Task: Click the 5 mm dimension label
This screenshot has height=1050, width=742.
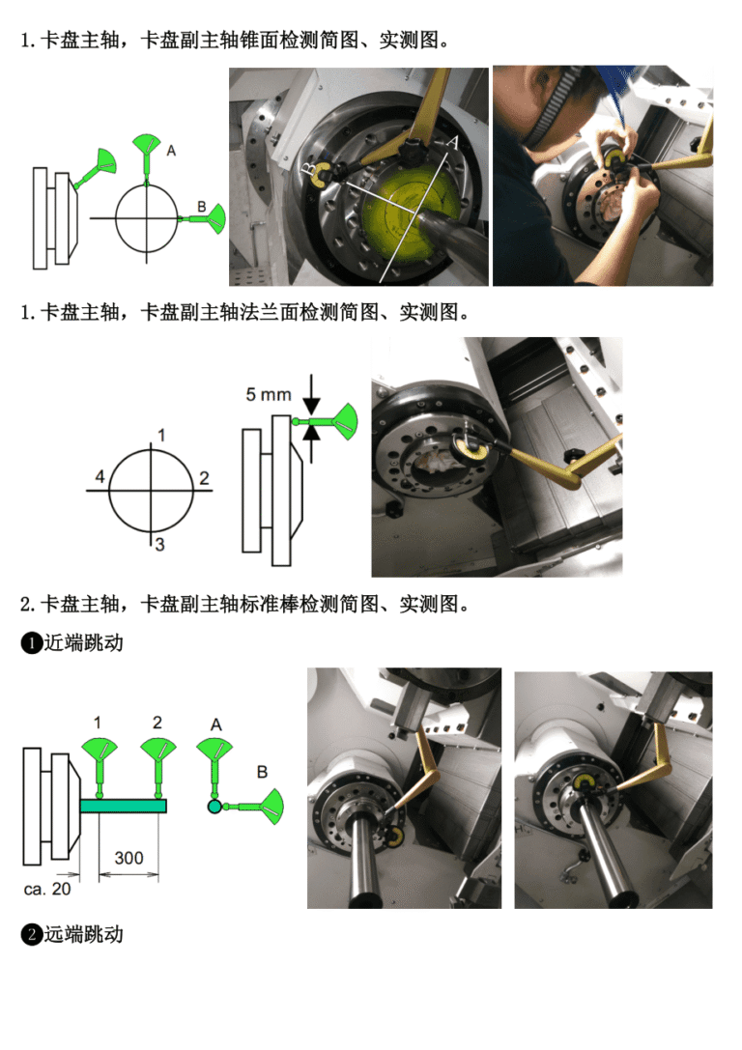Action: (x=268, y=394)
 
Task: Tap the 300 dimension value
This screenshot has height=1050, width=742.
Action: (x=128, y=858)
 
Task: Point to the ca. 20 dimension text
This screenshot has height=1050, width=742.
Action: (x=47, y=890)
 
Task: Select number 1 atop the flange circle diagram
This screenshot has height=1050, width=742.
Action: (x=161, y=436)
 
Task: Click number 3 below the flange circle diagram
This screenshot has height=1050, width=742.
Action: (x=159, y=545)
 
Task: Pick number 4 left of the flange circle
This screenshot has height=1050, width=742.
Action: (x=100, y=477)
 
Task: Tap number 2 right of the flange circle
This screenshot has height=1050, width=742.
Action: (x=204, y=478)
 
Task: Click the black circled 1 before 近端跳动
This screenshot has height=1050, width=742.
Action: (x=32, y=643)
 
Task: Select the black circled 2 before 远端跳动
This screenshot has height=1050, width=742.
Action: (x=32, y=935)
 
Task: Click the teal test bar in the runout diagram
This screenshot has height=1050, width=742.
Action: (x=124, y=806)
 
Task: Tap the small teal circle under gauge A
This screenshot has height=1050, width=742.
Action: (x=214, y=807)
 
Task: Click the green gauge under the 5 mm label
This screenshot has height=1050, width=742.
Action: (x=332, y=422)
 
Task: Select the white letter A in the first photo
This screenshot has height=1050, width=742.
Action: (x=453, y=143)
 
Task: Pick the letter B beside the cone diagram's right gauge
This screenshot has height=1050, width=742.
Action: (x=201, y=207)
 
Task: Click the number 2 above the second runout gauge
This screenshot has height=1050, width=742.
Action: (x=157, y=723)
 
